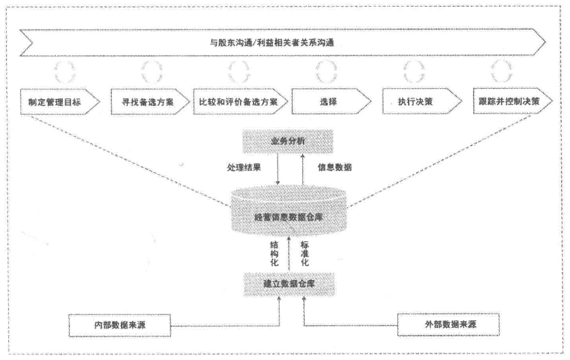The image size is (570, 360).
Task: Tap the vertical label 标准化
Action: point(305,251)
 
